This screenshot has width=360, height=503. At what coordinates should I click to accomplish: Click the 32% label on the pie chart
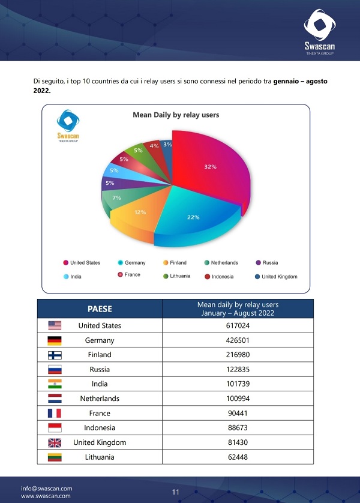(210, 166)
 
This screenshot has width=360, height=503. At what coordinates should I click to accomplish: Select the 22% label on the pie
(193, 217)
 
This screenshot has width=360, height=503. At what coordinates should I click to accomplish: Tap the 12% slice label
(140, 212)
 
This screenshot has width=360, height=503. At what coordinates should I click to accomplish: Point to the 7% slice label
(117, 197)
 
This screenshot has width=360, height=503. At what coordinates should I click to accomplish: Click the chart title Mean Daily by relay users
(176, 115)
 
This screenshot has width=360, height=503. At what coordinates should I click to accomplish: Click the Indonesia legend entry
(222, 277)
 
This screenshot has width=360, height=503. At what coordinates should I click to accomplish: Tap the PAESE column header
(100, 309)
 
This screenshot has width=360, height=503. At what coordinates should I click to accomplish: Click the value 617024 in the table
(238, 325)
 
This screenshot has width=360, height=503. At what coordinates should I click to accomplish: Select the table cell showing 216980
(238, 355)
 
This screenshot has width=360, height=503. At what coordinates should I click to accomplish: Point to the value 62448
(238, 457)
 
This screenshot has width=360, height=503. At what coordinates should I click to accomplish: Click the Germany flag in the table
(55, 340)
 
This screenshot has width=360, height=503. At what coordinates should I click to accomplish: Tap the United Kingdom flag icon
(55, 443)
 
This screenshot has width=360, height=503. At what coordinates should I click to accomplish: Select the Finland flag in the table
(55, 355)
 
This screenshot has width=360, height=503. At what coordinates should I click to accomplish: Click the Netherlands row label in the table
(100, 399)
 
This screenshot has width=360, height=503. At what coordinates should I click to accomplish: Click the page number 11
(176, 492)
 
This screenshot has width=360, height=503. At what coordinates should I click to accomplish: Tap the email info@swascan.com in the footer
(47, 488)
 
